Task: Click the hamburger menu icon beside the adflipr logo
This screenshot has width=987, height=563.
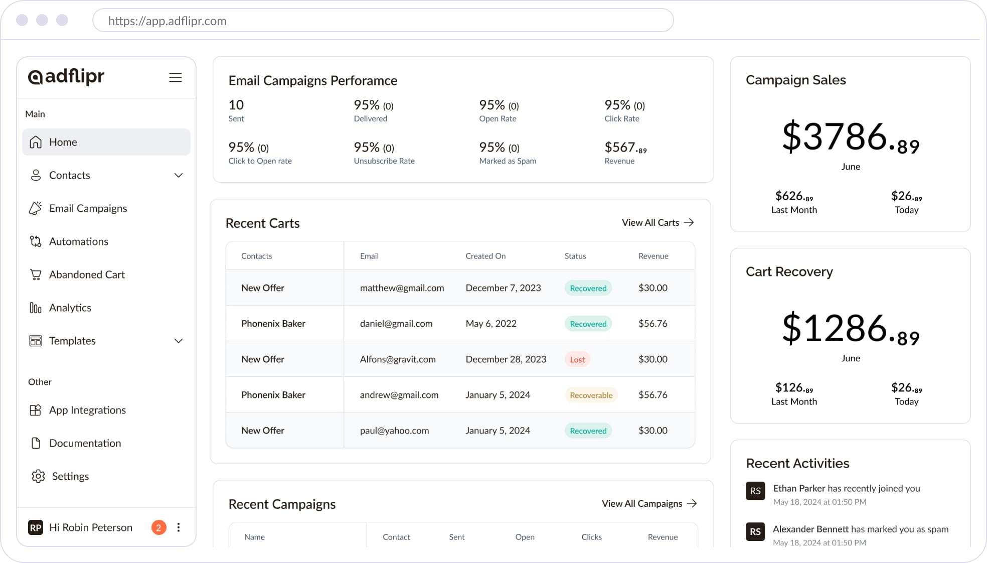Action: (x=175, y=78)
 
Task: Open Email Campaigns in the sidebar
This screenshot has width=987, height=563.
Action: (x=88, y=208)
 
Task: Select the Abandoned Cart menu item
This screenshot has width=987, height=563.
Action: (x=87, y=274)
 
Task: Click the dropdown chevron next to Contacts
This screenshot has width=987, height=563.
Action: (x=179, y=175)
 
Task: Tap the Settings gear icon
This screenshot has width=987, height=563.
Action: (x=38, y=476)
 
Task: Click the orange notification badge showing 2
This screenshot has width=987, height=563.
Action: (x=158, y=527)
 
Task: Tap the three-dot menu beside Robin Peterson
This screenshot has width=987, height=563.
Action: (x=179, y=527)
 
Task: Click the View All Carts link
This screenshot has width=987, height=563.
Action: (x=657, y=222)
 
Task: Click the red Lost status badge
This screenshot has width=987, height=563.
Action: (x=577, y=359)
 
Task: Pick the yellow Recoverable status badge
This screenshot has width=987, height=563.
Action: (x=591, y=395)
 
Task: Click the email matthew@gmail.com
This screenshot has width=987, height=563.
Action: (x=402, y=288)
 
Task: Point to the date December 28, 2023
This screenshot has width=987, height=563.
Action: (x=506, y=359)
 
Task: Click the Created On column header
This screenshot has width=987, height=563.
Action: (x=485, y=256)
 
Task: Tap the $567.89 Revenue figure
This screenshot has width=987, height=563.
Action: (x=625, y=148)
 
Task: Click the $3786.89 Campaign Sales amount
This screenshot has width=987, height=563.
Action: (x=850, y=137)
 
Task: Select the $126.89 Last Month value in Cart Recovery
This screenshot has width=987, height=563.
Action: (x=793, y=388)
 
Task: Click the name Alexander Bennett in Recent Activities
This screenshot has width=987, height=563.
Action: (x=810, y=529)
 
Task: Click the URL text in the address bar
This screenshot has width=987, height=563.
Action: (x=168, y=21)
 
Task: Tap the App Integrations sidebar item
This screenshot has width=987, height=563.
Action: (x=87, y=410)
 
